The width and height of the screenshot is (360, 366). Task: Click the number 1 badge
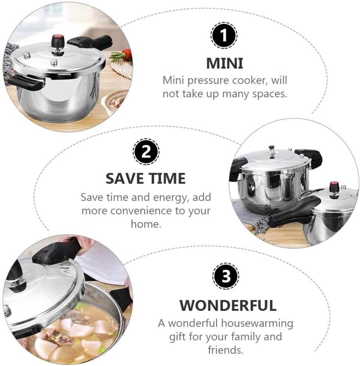point(224,36)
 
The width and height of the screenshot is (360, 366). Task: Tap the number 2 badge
point(146,152)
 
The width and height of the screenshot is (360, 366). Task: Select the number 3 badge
point(226,276)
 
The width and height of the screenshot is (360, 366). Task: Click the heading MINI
point(225,63)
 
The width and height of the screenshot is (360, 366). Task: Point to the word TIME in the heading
point(167,179)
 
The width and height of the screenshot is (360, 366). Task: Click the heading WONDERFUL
point(228,305)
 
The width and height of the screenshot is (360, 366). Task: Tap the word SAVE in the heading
point(126,179)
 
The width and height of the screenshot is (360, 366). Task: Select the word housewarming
point(257,323)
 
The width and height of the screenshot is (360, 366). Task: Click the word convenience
point(141,211)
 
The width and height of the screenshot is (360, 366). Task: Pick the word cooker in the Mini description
point(250,80)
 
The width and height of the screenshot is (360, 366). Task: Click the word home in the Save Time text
point(146,224)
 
